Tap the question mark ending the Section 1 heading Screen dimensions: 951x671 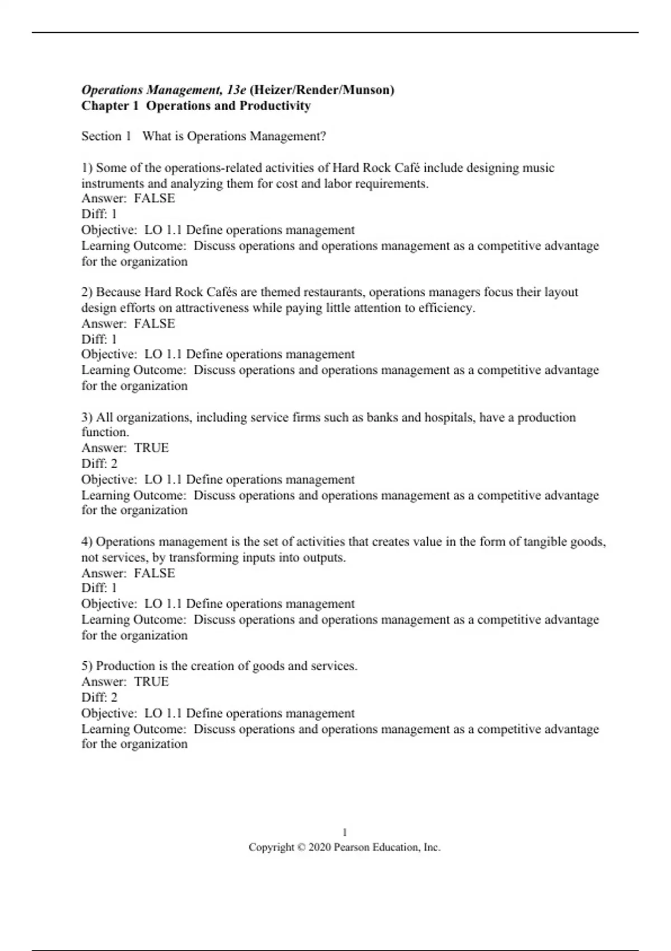(x=323, y=136)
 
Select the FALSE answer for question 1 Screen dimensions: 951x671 (x=154, y=199)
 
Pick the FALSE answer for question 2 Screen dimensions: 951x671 (x=154, y=323)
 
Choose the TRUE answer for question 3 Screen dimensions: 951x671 (x=152, y=448)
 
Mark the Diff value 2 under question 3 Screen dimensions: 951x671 (x=114, y=464)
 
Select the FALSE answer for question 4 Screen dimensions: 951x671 (x=154, y=573)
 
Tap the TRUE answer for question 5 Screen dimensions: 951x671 (x=152, y=681)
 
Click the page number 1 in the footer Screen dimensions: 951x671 (x=344, y=832)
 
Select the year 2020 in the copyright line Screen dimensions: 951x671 (x=319, y=848)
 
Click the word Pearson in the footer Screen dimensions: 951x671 (x=352, y=848)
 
